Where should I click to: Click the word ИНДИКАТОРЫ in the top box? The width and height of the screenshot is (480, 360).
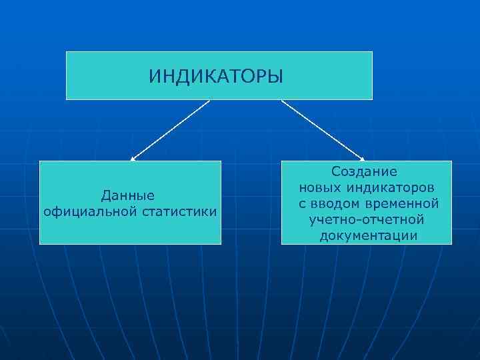[216, 75]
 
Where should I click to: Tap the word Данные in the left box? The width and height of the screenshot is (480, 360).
[128, 195]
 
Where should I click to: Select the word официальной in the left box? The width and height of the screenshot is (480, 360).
[89, 212]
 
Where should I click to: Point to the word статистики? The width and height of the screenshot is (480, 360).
[178, 212]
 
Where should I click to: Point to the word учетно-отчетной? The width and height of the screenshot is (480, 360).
[367, 219]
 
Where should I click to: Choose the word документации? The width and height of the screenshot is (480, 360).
[369, 235]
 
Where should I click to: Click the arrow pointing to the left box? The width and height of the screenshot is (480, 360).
[170, 130]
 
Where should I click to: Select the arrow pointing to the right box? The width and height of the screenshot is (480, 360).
[322, 130]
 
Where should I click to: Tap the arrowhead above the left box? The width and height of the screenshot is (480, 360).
[133, 159]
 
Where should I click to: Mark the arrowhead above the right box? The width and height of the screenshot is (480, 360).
[362, 159]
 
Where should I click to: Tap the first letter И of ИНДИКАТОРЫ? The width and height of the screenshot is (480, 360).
[154, 75]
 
